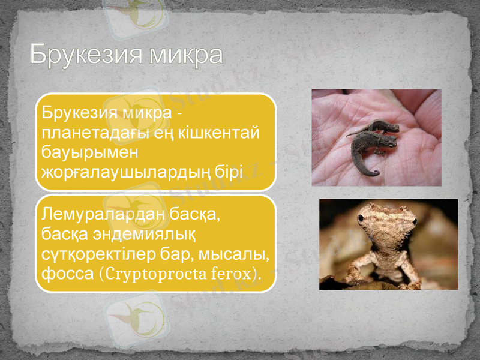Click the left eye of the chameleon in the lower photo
tap(361, 220)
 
